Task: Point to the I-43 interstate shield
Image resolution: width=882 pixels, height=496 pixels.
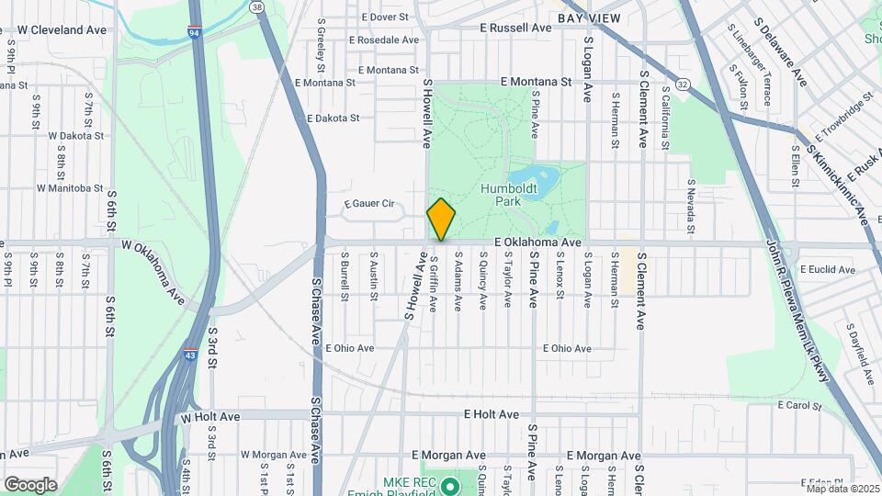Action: click(x=188, y=354)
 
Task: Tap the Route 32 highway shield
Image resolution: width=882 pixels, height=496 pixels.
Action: click(x=681, y=84)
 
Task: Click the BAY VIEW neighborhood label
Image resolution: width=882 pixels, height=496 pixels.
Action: click(x=589, y=18)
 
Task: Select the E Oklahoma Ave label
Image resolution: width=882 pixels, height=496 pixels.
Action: click(x=537, y=242)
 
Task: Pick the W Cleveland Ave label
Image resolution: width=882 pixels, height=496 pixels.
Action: click(x=62, y=30)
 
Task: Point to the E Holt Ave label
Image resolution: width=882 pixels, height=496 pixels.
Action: click(x=492, y=415)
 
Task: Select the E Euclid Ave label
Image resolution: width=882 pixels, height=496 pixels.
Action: click(x=827, y=270)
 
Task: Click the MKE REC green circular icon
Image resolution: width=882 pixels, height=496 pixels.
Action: click(x=450, y=485)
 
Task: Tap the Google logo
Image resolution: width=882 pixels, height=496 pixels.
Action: click(x=30, y=484)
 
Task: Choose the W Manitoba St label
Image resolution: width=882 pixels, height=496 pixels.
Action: click(x=70, y=188)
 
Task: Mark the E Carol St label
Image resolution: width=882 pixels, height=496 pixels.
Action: click(x=799, y=405)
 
